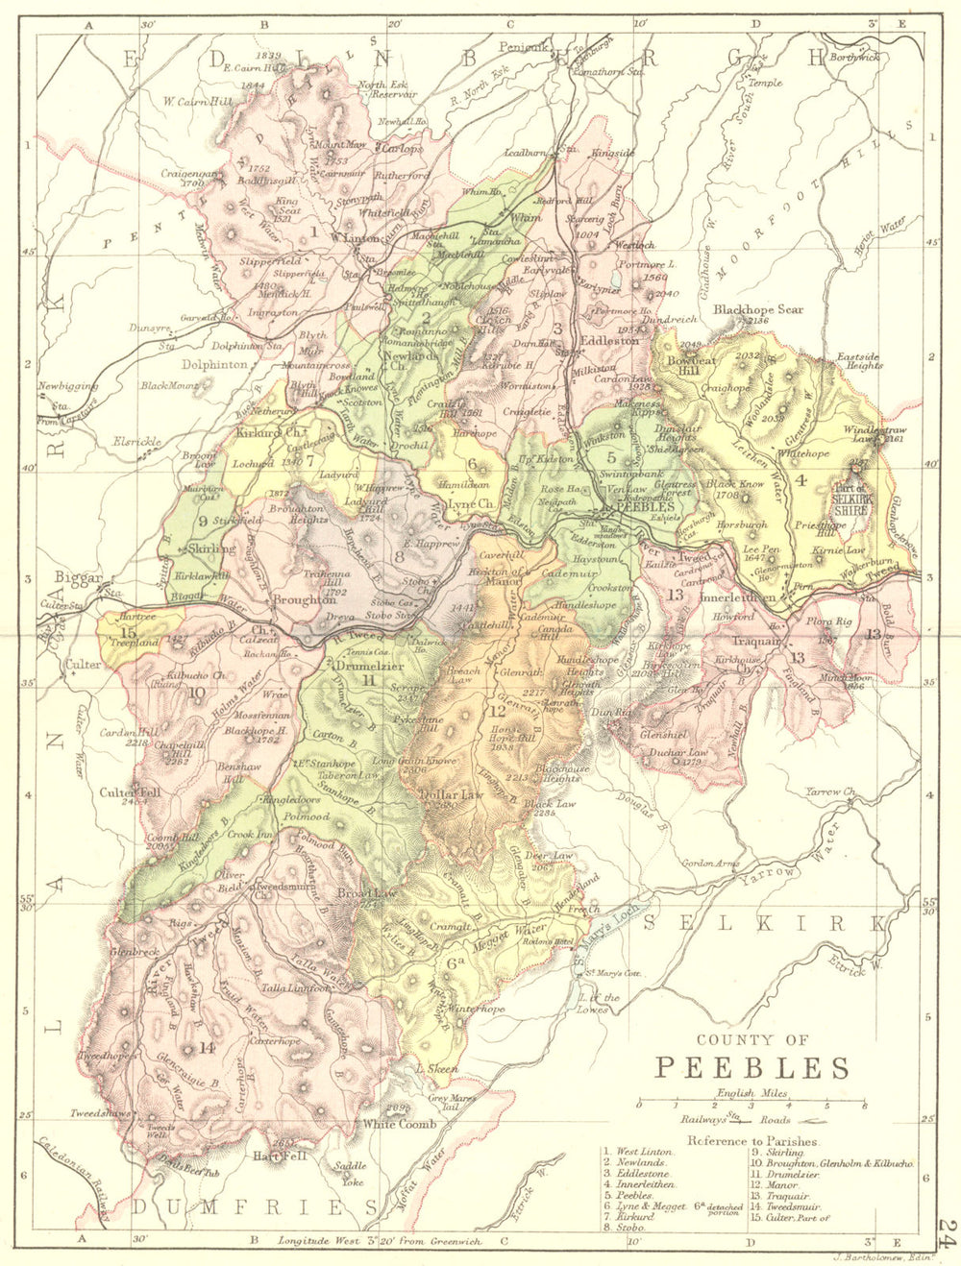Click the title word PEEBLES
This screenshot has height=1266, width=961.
752,1068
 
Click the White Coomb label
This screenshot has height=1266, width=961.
399,1123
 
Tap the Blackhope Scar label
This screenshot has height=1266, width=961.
757,310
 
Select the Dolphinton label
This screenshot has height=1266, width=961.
216,365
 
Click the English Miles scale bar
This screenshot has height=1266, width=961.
752,1105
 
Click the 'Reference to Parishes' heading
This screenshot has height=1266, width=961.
752,1141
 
